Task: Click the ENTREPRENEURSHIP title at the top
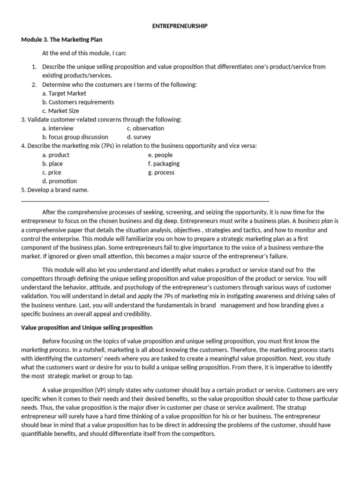click(180, 26)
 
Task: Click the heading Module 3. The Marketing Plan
click(62, 39)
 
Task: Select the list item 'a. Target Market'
click(64, 93)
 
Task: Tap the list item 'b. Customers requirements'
click(78, 102)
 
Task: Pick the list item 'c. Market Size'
click(60, 111)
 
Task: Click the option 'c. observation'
click(145, 128)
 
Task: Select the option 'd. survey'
click(139, 137)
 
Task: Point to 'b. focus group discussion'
click(75, 137)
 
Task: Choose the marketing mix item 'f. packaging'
click(164, 164)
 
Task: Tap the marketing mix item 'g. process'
click(161, 172)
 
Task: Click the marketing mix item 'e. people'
click(160, 155)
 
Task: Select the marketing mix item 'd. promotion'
click(60, 181)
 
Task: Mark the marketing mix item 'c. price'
click(52, 172)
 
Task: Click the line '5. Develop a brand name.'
click(55, 190)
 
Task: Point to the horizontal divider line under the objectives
click(145, 200)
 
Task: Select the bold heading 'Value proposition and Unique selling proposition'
click(87, 328)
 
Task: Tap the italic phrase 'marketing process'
click(45, 350)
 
